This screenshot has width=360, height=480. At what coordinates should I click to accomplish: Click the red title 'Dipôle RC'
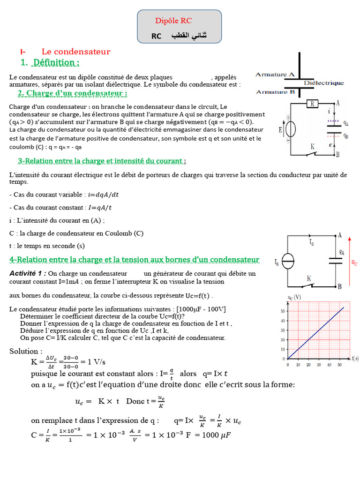pos(173,21)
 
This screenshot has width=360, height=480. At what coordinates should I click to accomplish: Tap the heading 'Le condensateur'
pos(76,52)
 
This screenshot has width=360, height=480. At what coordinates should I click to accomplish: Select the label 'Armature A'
pos(275,75)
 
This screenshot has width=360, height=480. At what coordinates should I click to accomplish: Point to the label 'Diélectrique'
pos(324,83)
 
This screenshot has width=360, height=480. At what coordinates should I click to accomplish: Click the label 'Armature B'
pos(275,92)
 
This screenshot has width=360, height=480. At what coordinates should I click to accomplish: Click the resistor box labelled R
pos(312,104)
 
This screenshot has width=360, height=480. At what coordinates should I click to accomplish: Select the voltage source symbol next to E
pos(291,129)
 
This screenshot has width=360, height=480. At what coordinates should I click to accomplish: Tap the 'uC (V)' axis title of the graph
pos(293,298)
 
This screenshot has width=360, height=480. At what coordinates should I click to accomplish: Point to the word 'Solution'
pos(26,352)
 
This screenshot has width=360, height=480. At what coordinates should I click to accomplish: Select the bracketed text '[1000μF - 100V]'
pos(201,309)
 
